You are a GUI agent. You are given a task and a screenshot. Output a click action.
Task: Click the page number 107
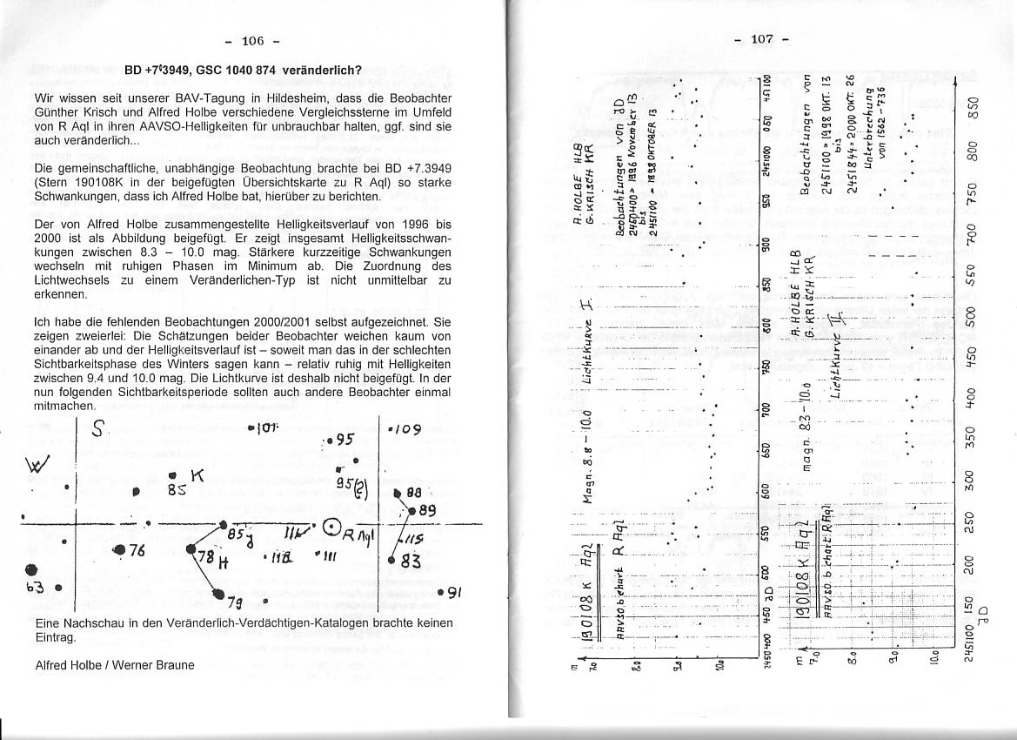click(x=760, y=39)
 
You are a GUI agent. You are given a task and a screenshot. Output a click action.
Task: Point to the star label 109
click(x=405, y=428)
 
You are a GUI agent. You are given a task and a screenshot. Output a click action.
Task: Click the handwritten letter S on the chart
click(x=100, y=430)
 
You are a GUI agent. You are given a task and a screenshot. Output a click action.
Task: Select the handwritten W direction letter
click(x=42, y=460)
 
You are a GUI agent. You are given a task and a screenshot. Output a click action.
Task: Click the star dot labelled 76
click(x=119, y=549)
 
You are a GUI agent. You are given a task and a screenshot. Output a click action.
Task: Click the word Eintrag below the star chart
click(x=55, y=636)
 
